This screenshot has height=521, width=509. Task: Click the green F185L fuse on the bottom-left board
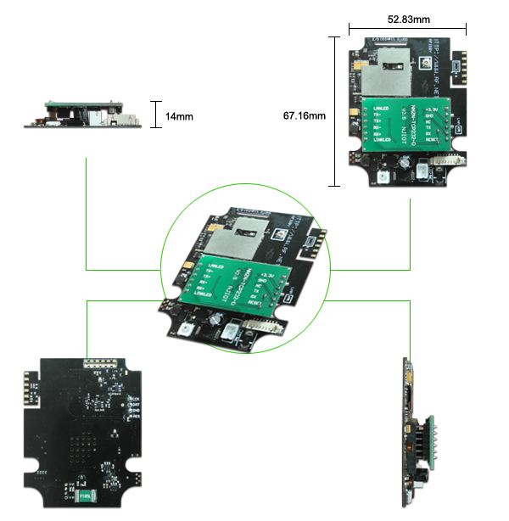tap(85, 495)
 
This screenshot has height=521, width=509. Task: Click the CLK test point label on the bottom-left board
tap(135, 397)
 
